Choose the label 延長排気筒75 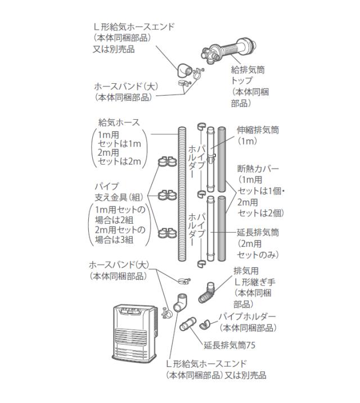231,343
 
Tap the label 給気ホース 119,123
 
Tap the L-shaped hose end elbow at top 184,71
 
